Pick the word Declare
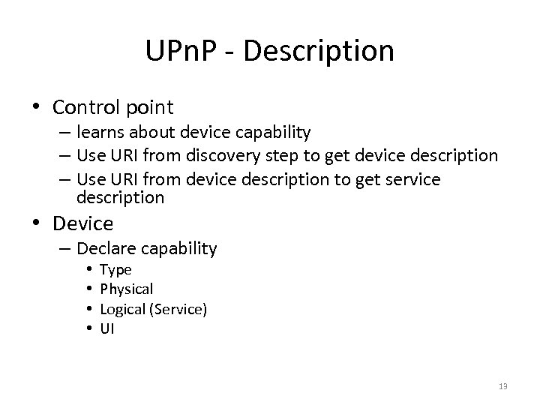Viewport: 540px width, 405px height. (x=103, y=247)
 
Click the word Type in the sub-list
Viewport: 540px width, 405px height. (x=115, y=269)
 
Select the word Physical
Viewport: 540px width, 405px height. (x=126, y=289)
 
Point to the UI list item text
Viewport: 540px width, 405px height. (x=106, y=328)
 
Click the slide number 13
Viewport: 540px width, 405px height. (x=502, y=385)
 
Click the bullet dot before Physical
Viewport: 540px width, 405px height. (x=88, y=289)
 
